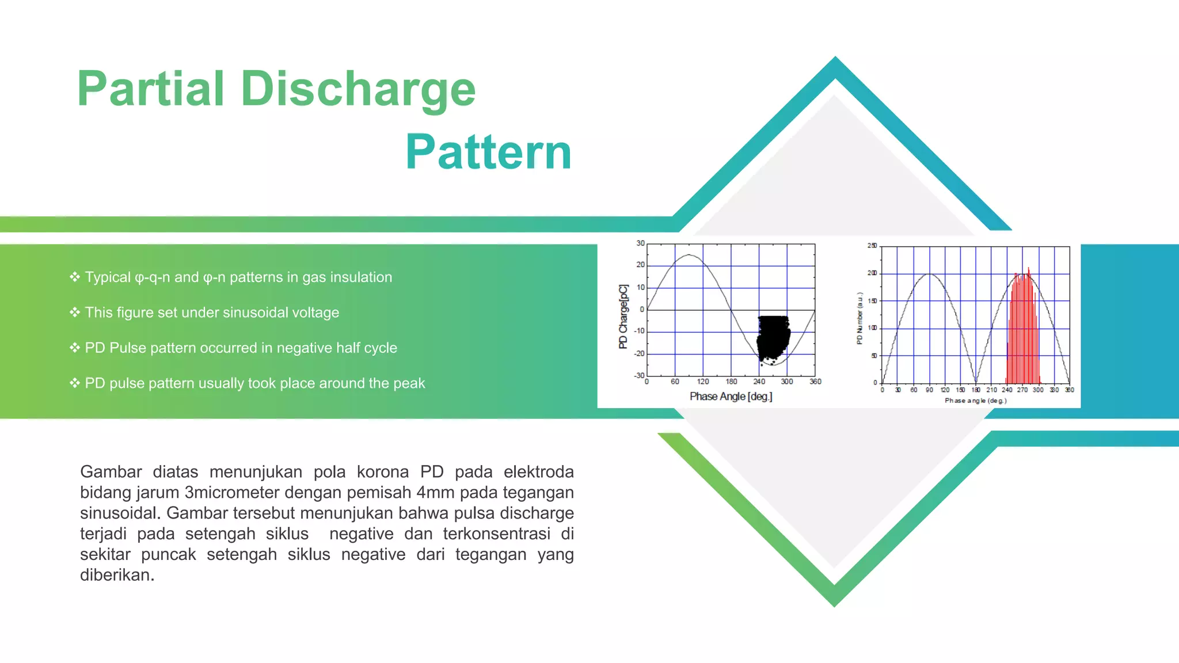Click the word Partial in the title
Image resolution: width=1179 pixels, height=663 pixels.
coord(150,89)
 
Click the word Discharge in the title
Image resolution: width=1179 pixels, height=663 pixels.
coord(357,89)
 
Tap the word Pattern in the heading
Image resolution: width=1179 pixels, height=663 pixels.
coord(488,153)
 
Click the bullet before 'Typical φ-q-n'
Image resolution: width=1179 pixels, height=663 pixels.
coord(75,277)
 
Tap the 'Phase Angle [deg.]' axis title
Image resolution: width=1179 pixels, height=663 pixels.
coord(731,397)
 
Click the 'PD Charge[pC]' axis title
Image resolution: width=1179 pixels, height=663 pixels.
coord(623,317)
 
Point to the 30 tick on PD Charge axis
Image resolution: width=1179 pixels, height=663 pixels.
coord(640,243)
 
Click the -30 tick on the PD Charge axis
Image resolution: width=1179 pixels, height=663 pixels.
coord(639,375)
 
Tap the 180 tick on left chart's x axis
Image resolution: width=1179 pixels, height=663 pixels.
coord(731,382)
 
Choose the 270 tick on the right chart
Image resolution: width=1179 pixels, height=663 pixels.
coord(1022,390)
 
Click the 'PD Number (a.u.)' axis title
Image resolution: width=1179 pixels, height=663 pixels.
coord(860,318)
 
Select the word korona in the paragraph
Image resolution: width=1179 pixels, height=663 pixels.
coord(383,472)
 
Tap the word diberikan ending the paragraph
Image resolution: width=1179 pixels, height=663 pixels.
coord(117,575)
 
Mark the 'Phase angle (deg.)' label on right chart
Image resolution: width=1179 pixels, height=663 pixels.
coord(975,401)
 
